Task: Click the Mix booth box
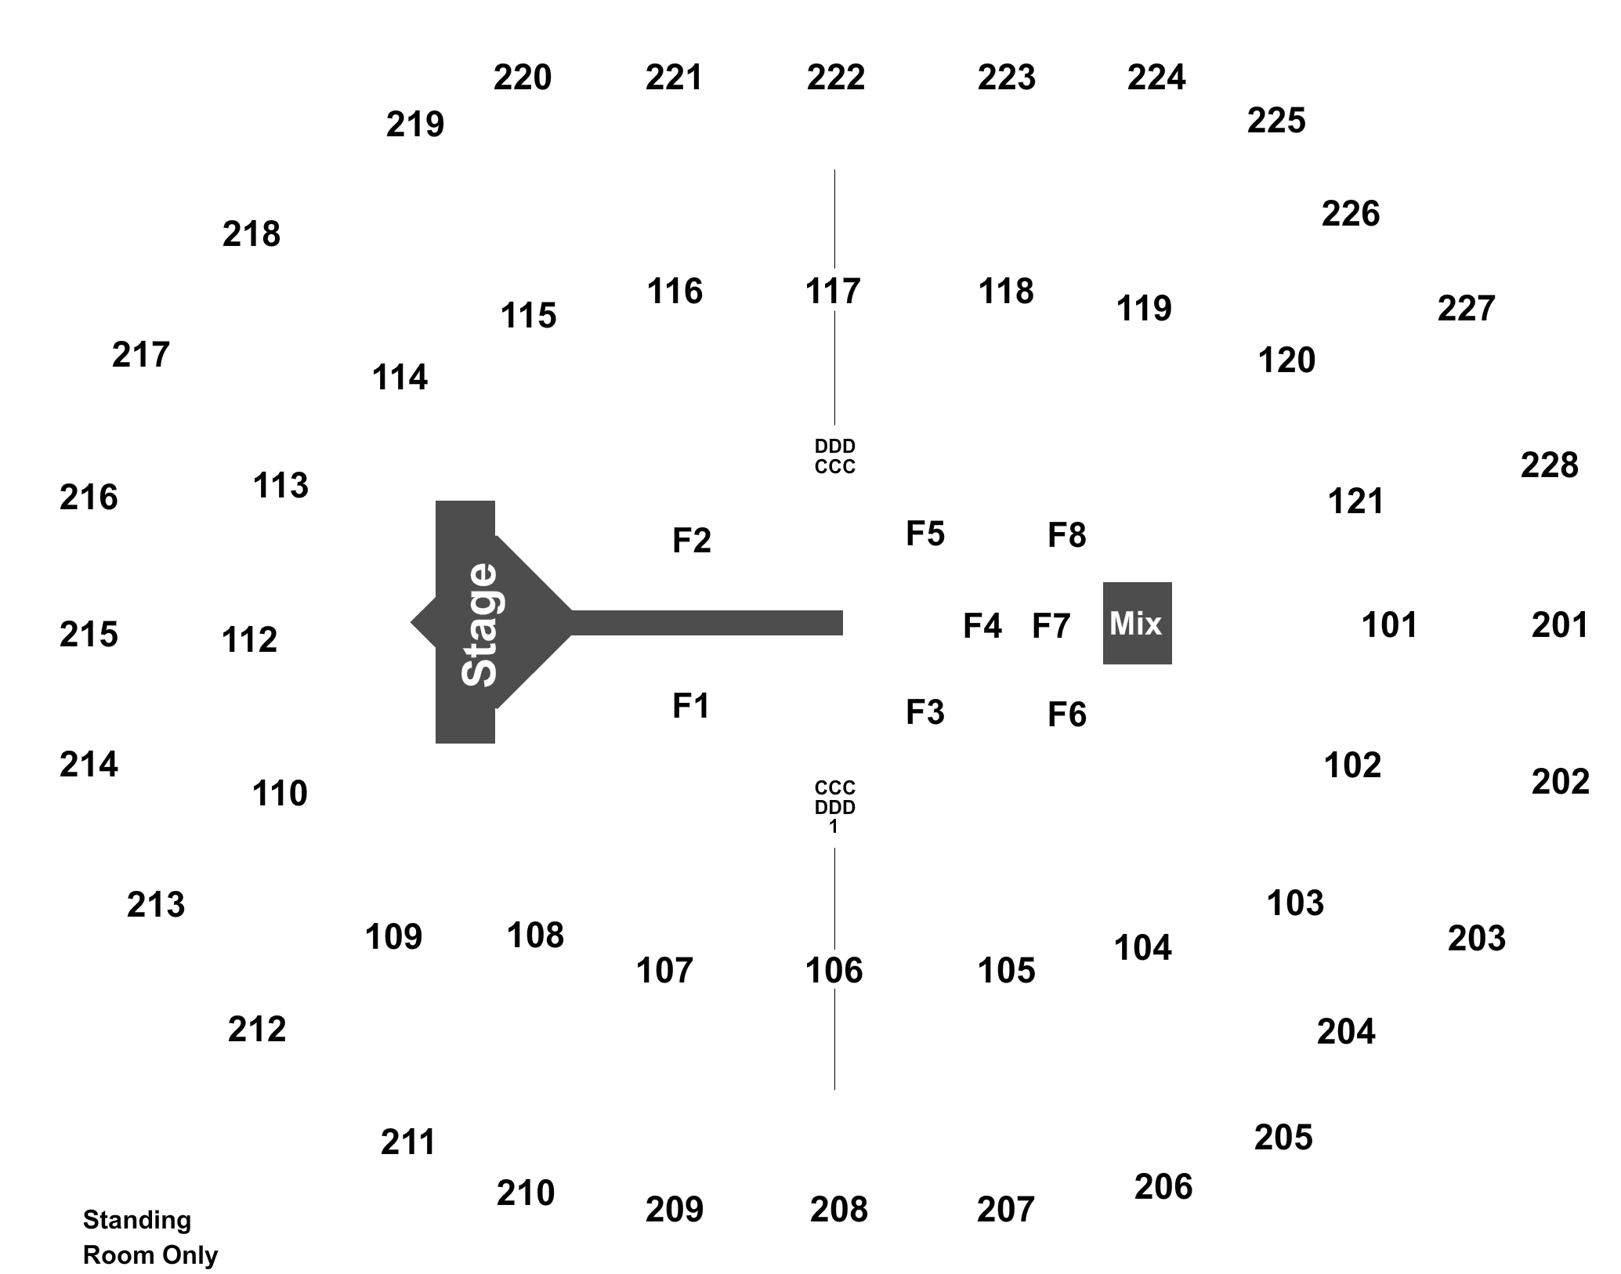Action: (x=1137, y=623)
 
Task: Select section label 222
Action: (x=836, y=78)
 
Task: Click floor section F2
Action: (x=692, y=541)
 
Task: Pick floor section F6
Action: (x=1067, y=715)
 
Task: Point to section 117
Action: (x=833, y=291)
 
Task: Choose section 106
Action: (x=834, y=971)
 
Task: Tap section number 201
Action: (x=1560, y=625)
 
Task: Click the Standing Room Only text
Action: (x=150, y=1237)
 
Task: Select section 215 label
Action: (x=89, y=635)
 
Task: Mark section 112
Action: (x=249, y=640)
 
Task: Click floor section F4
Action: (x=982, y=626)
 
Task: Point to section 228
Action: (x=1549, y=465)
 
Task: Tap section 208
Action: (x=839, y=1210)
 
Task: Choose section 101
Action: (x=1389, y=625)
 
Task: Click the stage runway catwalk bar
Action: (x=707, y=623)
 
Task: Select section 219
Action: (x=415, y=125)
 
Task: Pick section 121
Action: (x=1355, y=501)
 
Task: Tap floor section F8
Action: (x=1067, y=536)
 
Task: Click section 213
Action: (x=156, y=905)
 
